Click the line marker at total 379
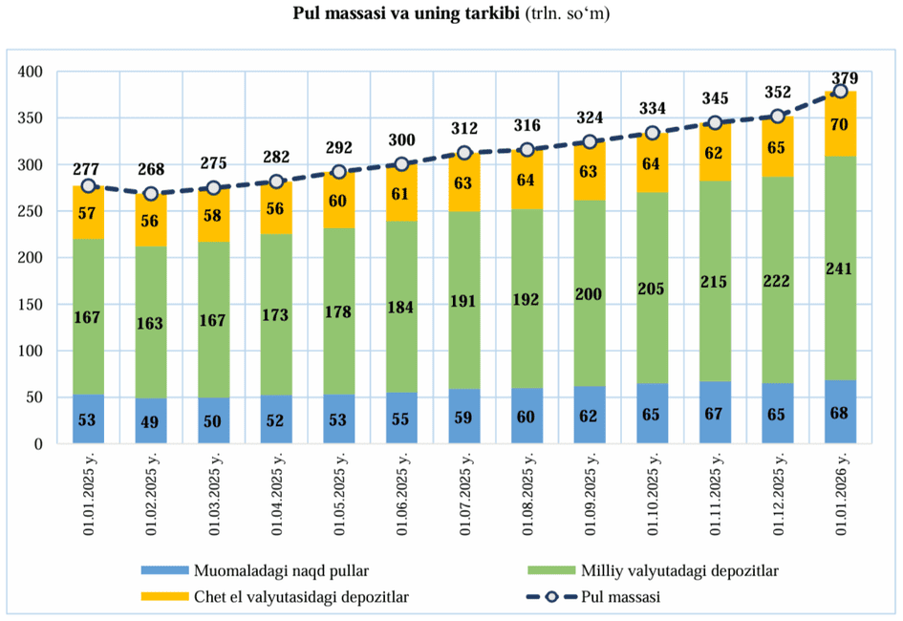pyautogui.click(x=840, y=91)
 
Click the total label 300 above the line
pyautogui.click(x=401, y=140)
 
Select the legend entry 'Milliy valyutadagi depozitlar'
pyautogui.click(x=678, y=571)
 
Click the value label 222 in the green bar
pyautogui.click(x=777, y=280)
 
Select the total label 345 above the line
pyautogui.click(x=714, y=97)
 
